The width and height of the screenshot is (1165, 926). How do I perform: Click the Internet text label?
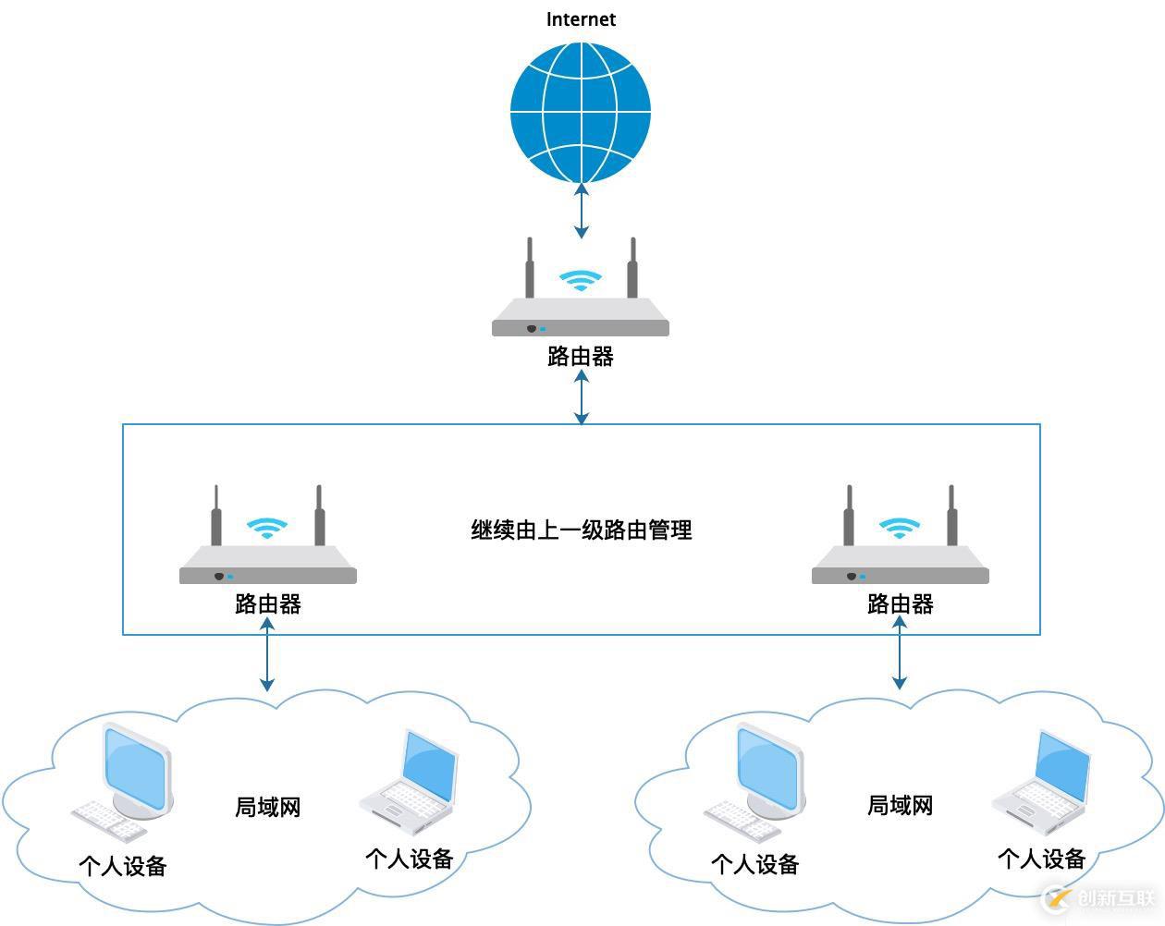[x=581, y=19]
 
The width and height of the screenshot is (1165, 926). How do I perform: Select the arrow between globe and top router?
[x=581, y=211]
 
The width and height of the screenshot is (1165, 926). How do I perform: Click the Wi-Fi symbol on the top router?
[x=581, y=280]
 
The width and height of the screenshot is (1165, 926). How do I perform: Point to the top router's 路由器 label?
[x=581, y=357]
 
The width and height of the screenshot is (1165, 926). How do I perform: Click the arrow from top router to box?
[x=581, y=398]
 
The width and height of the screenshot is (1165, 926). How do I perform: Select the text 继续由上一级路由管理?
[x=582, y=530]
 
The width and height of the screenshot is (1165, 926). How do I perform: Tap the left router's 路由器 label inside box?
[x=268, y=604]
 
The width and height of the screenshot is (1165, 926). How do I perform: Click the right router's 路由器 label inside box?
[x=900, y=604]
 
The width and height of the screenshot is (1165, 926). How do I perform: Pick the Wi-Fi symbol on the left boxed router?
[x=267, y=528]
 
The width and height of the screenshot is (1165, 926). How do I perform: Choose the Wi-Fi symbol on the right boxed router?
[x=900, y=528]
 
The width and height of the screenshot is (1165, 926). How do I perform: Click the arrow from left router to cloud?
[x=267, y=655]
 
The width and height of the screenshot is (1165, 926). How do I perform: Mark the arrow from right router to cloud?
[x=900, y=653]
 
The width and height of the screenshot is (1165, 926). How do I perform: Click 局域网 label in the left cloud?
[x=268, y=808]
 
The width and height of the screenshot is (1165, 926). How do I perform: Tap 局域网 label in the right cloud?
[x=900, y=806]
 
